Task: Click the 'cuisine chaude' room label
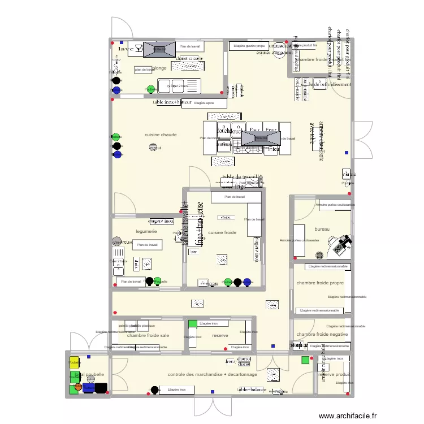(x=161, y=135)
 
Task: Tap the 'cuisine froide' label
(x=222, y=232)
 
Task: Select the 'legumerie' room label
(x=146, y=231)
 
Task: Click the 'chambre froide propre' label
(x=320, y=283)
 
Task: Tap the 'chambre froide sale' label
(x=148, y=335)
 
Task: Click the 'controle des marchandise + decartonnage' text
(x=213, y=374)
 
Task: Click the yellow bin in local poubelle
(x=74, y=362)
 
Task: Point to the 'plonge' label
(x=159, y=68)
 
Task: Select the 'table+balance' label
(x=252, y=390)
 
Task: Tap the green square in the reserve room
(x=192, y=324)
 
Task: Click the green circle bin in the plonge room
(x=150, y=89)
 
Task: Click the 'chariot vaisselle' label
(x=189, y=58)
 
